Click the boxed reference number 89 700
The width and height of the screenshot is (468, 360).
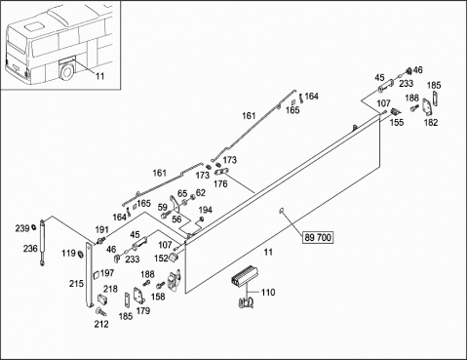318,237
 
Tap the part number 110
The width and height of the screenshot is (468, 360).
268,293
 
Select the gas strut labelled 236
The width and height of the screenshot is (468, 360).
42,242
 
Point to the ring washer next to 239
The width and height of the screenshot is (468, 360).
34,227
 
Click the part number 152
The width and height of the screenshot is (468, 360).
161,259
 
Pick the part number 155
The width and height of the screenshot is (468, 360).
397,122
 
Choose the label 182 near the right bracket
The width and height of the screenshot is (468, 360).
431,123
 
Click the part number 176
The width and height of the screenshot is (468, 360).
220,184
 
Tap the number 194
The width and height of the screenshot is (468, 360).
205,210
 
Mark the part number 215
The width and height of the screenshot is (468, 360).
76,284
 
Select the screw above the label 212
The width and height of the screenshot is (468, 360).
101,312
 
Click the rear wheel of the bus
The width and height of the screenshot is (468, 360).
67,72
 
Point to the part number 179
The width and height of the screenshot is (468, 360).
143,311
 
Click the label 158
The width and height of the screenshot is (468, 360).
158,297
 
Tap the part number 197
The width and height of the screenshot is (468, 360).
107,273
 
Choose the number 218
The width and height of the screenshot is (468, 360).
110,289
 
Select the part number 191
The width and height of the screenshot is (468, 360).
101,230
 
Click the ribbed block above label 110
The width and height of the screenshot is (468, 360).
244,277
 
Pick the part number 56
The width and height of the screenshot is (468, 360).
176,219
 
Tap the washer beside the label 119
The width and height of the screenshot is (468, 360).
80,253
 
